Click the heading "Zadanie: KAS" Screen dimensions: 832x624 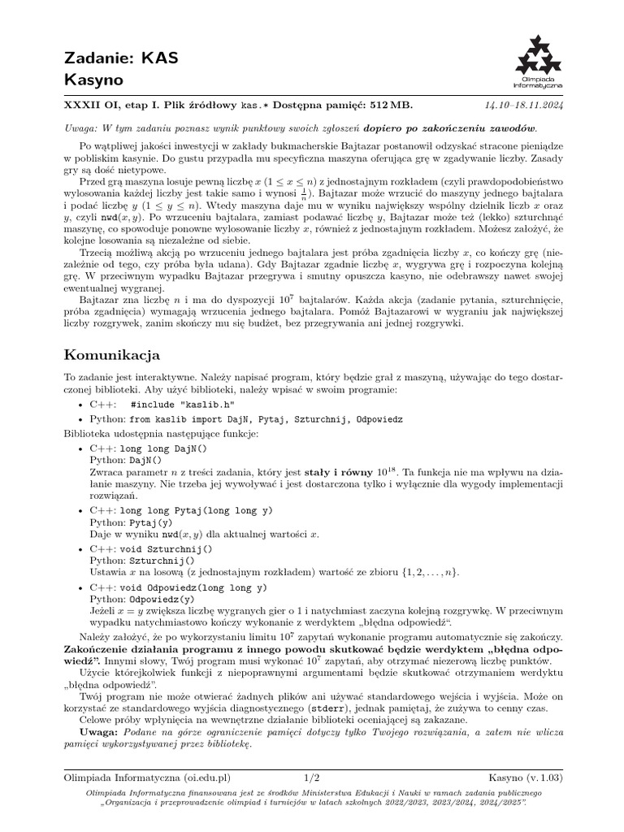120,58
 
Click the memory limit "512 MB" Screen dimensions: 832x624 389,106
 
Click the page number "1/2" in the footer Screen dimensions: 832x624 312,778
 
